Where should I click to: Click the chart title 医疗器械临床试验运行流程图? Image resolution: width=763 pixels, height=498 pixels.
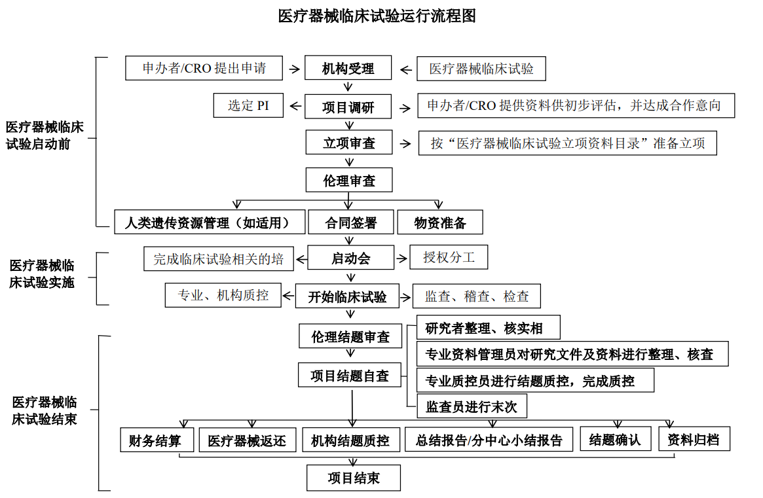[377, 16]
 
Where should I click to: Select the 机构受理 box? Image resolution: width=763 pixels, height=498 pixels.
[348, 69]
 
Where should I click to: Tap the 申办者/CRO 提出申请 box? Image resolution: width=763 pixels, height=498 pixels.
[204, 68]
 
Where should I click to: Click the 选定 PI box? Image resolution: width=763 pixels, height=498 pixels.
[248, 105]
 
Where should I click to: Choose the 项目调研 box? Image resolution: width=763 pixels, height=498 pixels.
[348, 107]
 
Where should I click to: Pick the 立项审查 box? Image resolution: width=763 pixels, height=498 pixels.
[349, 143]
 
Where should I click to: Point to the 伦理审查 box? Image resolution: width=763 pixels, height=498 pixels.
[349, 180]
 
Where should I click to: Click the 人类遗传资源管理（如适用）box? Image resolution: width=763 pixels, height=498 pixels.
[211, 222]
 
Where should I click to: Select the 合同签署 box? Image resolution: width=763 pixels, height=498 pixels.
[351, 222]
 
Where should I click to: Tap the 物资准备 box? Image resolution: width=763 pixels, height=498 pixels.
[440, 222]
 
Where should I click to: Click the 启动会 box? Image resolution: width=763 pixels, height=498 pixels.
[351, 258]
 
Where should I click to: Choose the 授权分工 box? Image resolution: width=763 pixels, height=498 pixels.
[449, 257]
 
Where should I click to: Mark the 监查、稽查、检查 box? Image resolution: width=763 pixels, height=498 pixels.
[477, 296]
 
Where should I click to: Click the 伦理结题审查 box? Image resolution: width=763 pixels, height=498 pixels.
[350, 337]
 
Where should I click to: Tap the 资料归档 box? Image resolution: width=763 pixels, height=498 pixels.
[694, 439]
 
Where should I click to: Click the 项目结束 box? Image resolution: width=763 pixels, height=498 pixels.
[354, 478]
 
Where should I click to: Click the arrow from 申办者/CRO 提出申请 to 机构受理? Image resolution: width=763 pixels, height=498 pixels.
[295, 68]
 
